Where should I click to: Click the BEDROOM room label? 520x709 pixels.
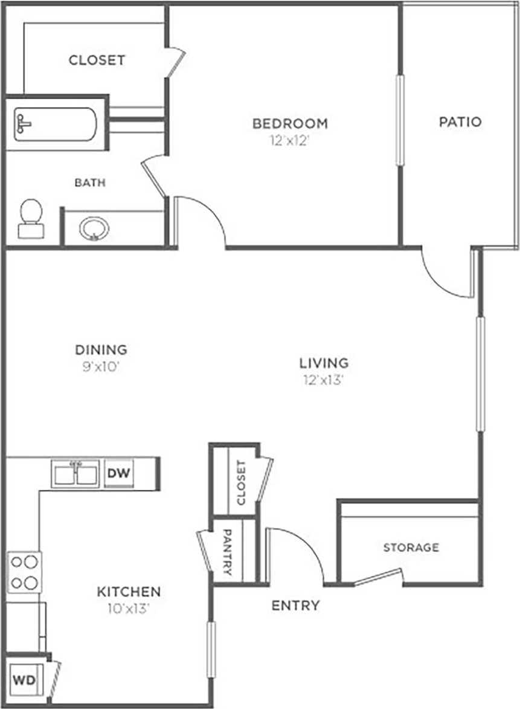point(290,124)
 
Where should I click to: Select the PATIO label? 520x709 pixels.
point(460,121)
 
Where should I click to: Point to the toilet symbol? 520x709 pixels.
point(30,218)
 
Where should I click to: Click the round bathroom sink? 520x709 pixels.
point(94,229)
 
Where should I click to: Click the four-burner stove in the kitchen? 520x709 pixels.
point(24,572)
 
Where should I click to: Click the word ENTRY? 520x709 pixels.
point(295,606)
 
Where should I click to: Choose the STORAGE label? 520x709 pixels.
point(411,548)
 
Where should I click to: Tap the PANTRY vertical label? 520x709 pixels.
point(228,551)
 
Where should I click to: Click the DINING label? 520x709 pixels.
point(101,349)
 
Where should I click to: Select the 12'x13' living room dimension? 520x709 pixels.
point(324,380)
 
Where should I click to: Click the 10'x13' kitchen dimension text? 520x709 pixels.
point(129,609)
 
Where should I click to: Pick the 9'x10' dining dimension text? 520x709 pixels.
point(101,366)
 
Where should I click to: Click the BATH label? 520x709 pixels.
point(90,182)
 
